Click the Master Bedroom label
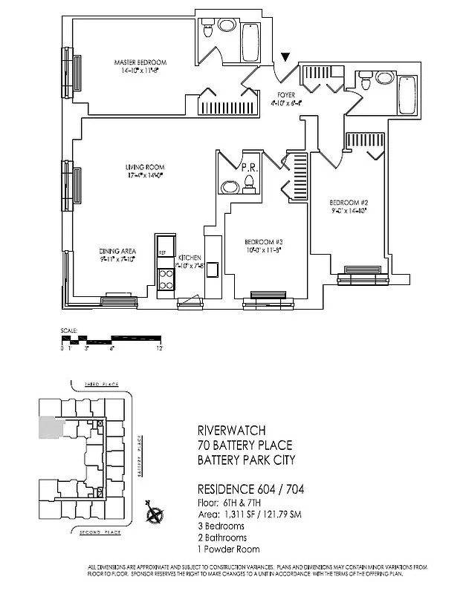pyautogui.click(x=140, y=62)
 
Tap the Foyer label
pyautogui.click(x=286, y=95)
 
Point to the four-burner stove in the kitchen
pyautogui.click(x=165, y=277)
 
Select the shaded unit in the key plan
pyautogui.click(x=50, y=428)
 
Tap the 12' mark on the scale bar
pyautogui.click(x=159, y=347)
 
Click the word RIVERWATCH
pyautogui.click(x=232, y=431)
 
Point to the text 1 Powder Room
pyautogui.click(x=227, y=549)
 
